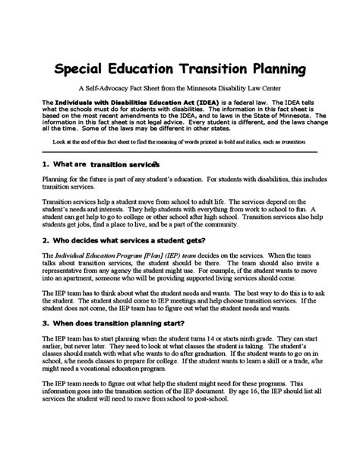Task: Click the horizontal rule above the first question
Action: coord(179,152)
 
